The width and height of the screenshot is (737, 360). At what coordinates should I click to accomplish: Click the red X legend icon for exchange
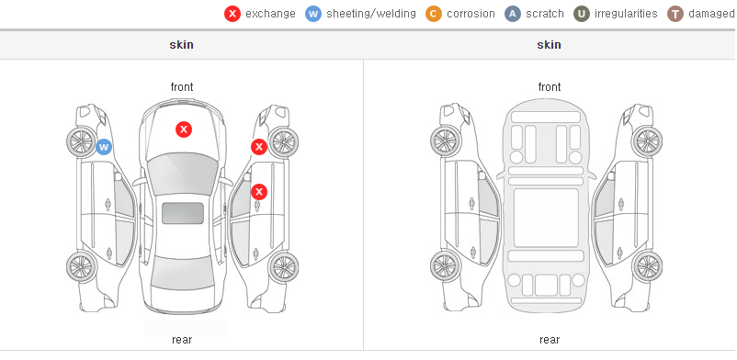[232, 14]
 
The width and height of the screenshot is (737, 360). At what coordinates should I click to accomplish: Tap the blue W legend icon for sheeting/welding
[313, 14]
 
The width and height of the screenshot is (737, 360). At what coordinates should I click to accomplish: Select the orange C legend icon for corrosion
[434, 14]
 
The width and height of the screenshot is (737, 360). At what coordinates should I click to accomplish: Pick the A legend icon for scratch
[513, 14]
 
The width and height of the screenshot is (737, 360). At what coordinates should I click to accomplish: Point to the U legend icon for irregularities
[582, 14]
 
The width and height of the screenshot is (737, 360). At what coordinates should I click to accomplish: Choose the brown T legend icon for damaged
[675, 14]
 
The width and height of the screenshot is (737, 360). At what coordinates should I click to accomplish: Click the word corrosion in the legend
[471, 14]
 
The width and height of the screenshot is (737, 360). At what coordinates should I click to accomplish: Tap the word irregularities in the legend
[626, 14]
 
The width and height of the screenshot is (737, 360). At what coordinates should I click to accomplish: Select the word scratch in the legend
[545, 14]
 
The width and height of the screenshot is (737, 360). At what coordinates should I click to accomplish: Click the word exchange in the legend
[270, 14]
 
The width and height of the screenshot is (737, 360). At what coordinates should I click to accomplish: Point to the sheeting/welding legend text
[371, 14]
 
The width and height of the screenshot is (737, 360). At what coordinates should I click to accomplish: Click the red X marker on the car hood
[184, 129]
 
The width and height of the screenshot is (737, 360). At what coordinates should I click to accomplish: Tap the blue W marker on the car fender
[104, 147]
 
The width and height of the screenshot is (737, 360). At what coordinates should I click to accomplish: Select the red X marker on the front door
[259, 192]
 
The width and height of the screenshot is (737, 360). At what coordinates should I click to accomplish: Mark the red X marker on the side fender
[258, 147]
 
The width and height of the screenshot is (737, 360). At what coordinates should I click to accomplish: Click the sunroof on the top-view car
[183, 213]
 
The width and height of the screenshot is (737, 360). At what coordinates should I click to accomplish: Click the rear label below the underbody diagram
[549, 339]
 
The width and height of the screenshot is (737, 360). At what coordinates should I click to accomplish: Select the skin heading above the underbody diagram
[549, 45]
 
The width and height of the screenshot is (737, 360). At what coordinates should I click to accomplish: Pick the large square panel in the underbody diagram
[546, 218]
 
